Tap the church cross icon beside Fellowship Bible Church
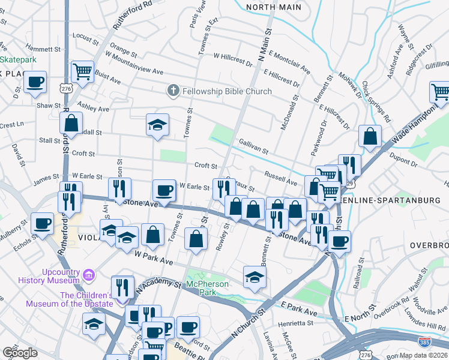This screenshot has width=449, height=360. click(173, 91)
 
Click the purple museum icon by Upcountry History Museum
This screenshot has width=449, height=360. click(89, 275)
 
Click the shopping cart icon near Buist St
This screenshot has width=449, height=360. click(82, 71)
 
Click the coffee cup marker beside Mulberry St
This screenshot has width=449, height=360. click(42, 223)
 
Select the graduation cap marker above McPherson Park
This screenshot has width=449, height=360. click(255, 276)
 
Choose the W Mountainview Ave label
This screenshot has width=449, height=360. click(134, 71)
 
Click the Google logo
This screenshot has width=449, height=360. click(20, 353)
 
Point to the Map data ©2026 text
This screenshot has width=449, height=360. click(423, 355)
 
